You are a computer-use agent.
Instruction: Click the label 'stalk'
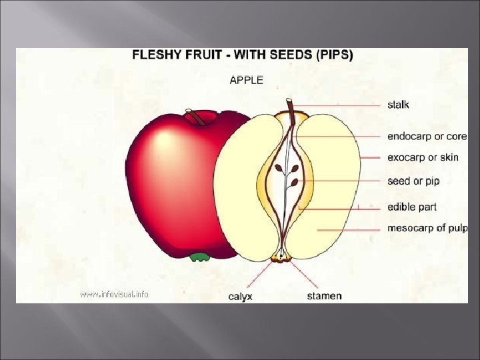pos(399,105)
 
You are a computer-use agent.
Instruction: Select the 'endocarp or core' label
pos(427,137)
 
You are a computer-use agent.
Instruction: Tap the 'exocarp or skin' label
pos(423,158)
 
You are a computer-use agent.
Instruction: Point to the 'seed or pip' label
pos(413,181)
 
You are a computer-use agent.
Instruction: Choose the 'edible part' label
pos(412,207)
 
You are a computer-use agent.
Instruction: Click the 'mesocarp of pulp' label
pos(427,228)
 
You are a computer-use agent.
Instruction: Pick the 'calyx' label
pos(240,296)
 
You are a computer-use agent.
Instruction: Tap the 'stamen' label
pos(324,295)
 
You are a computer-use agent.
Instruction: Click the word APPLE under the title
pos(246,80)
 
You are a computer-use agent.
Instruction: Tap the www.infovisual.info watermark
pos(114,294)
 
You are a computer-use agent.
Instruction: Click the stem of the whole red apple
pos(195,117)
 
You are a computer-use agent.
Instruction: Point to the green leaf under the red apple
pos(199,257)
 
